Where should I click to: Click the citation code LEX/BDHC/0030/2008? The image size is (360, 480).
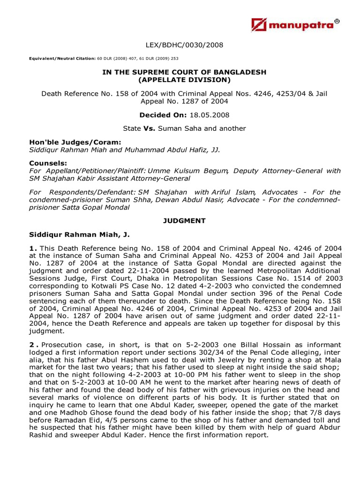pos(184,45)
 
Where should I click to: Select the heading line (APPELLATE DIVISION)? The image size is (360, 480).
pos(184,80)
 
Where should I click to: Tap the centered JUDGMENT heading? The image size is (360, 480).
pos(184,221)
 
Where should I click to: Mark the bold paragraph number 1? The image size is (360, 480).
pos(32,248)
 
